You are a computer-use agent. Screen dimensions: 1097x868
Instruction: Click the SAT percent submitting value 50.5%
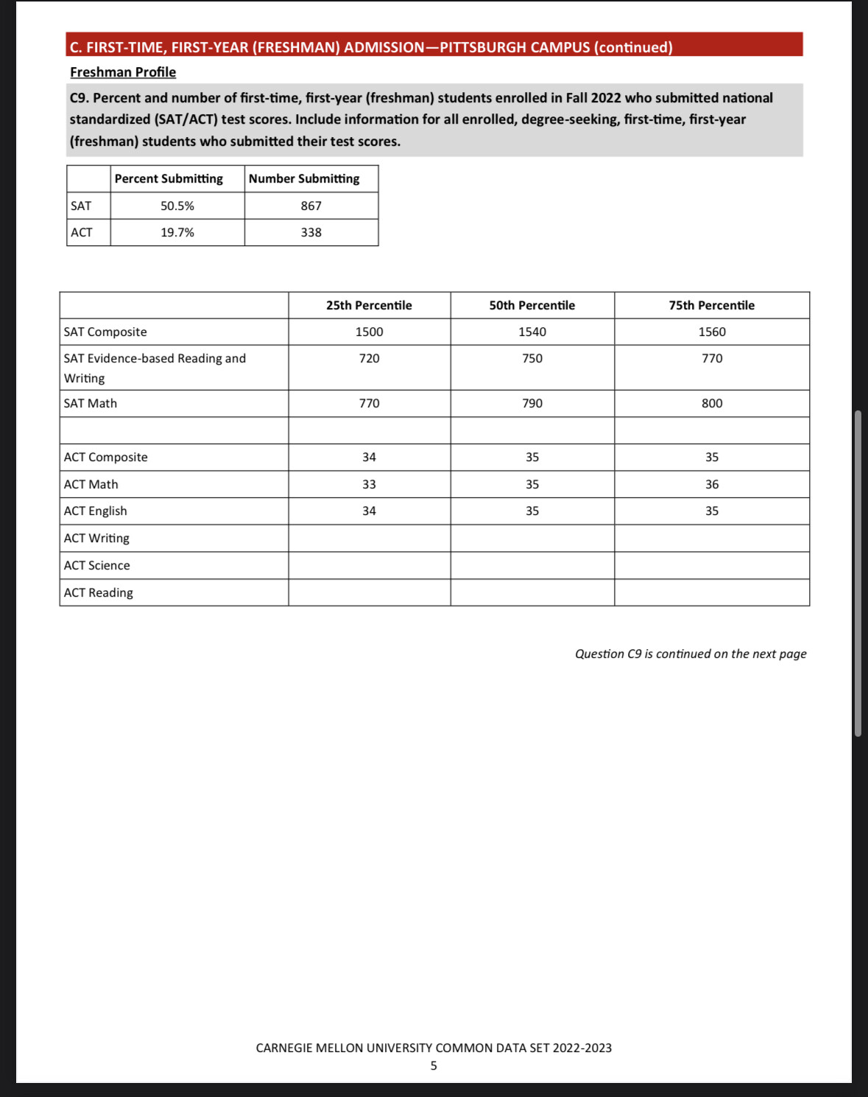(177, 206)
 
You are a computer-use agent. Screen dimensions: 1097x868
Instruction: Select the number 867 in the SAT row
(311, 206)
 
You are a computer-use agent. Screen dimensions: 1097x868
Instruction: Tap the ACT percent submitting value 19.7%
(177, 233)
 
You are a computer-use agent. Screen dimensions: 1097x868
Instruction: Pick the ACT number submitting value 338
(311, 233)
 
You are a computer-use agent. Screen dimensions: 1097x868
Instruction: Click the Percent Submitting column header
(169, 179)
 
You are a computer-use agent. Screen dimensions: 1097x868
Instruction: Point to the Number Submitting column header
(304, 179)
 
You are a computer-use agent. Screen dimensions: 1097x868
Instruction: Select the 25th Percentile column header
(369, 306)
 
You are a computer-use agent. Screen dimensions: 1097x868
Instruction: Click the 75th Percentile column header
(711, 306)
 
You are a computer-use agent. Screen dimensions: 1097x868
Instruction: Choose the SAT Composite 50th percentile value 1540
(532, 332)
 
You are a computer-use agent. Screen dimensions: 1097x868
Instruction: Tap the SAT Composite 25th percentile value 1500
(369, 332)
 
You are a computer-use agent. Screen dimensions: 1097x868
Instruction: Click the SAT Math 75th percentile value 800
(711, 404)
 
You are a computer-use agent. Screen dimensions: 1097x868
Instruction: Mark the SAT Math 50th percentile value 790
(532, 404)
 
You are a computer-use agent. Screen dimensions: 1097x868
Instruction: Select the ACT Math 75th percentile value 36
(711, 485)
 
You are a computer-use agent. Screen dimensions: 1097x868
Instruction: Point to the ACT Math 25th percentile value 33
(369, 485)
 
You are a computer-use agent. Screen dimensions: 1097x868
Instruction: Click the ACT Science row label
(97, 566)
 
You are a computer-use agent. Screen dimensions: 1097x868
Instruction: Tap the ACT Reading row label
(99, 593)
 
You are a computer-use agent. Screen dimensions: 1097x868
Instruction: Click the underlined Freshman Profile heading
(123, 72)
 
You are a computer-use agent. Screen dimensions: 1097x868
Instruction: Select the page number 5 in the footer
(434, 1066)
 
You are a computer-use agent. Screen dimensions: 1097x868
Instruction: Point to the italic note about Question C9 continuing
(691, 654)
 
